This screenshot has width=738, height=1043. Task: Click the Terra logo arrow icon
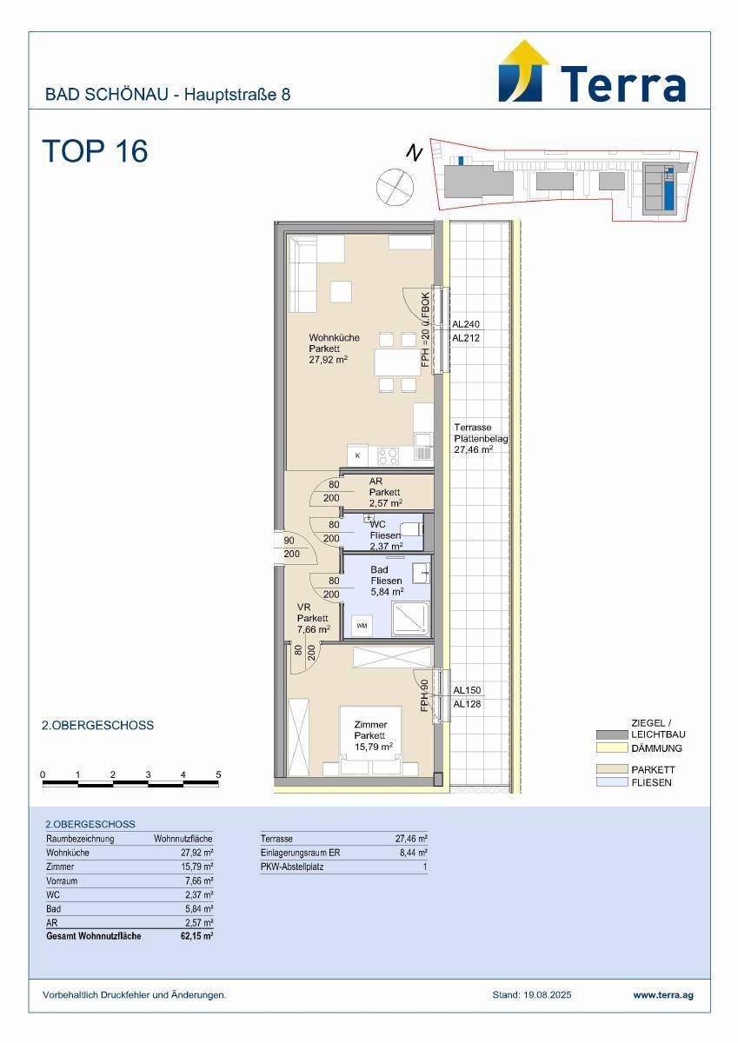[x=521, y=71]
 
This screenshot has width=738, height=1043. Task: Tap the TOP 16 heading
[x=96, y=151]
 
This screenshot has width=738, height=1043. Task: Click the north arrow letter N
[x=414, y=153]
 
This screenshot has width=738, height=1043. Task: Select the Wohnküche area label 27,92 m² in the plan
[x=329, y=360]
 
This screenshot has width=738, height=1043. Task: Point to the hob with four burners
[x=388, y=455]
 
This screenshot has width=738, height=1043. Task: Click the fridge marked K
[x=357, y=455]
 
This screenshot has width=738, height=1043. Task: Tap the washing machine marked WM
[x=362, y=625]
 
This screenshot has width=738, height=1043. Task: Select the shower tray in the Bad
[x=410, y=619]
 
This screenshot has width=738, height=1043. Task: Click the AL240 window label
[x=466, y=324]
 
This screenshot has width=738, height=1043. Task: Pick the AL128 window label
[x=467, y=704]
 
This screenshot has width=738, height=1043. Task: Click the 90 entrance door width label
[x=289, y=541]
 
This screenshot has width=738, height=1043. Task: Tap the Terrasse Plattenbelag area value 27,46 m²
[x=474, y=449]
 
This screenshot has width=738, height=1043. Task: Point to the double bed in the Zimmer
[x=370, y=741]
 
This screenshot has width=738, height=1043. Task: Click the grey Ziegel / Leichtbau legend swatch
[x=612, y=734]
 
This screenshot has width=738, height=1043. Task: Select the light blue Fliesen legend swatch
[x=612, y=782]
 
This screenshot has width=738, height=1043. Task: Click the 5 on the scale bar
[x=218, y=774]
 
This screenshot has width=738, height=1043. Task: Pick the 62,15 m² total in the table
[x=197, y=936]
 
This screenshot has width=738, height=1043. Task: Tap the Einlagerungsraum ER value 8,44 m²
[x=415, y=853]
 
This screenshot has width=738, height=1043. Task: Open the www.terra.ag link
[x=663, y=995]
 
